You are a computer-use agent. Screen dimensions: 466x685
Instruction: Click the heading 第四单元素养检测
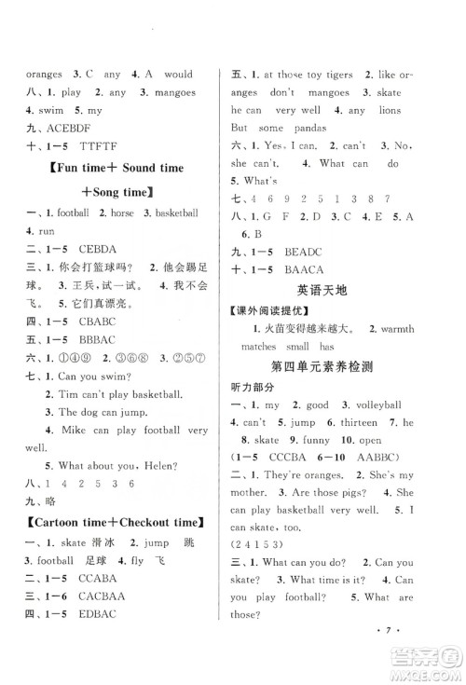pyautogui.click(x=322, y=366)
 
